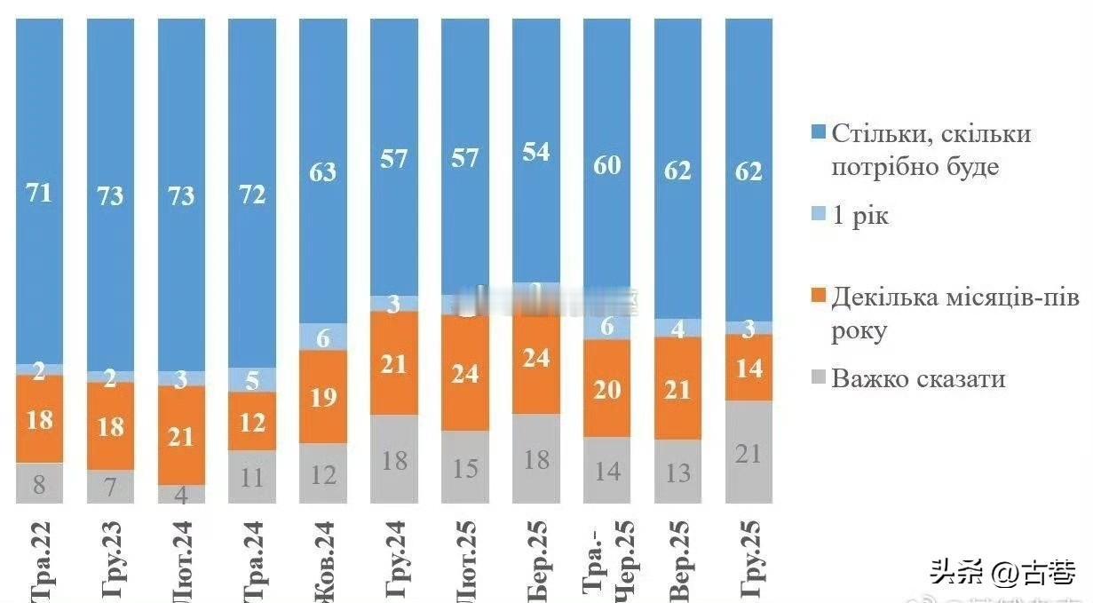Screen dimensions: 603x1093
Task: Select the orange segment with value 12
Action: coord(252,422)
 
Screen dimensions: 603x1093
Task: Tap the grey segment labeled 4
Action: coord(181,494)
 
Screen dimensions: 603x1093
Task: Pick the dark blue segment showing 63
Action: coord(323,171)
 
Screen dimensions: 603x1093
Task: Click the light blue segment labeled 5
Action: coord(252,380)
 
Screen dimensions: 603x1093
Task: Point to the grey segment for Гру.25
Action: coord(748,452)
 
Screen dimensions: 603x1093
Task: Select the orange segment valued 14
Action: coord(748,368)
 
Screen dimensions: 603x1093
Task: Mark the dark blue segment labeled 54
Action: coord(536,151)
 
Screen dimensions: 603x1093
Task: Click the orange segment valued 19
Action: coord(323,397)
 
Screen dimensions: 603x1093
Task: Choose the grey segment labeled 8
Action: coord(39,483)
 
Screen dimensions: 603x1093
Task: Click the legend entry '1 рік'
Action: coord(859,216)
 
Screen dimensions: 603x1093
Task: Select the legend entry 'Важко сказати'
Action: coord(918,379)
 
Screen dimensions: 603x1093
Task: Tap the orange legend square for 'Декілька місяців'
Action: coord(819,297)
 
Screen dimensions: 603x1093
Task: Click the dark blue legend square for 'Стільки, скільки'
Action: coord(819,133)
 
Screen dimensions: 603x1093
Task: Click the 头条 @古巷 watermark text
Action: coord(1002,573)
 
